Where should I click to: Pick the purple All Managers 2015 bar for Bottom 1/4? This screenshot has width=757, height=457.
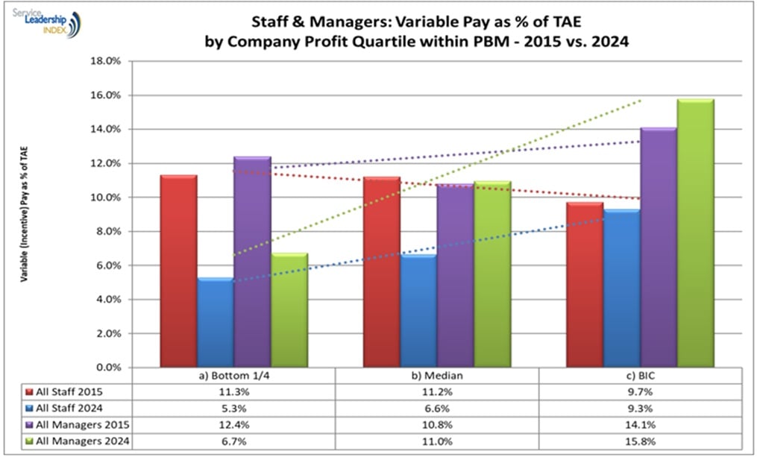(252, 261)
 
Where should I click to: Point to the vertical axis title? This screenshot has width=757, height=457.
(25, 215)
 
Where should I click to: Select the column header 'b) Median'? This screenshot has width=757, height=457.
(436, 376)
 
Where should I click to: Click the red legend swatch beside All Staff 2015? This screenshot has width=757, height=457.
(29, 391)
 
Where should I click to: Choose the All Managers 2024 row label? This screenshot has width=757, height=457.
(77, 441)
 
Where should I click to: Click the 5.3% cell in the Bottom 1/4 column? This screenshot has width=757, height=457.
(233, 408)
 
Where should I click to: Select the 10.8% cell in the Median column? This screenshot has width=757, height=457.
(436, 424)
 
